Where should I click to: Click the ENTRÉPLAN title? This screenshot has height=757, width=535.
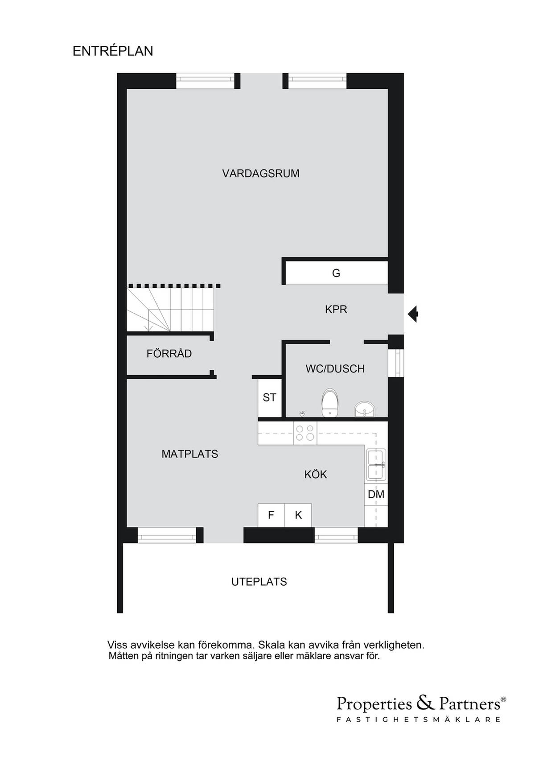point(113,51)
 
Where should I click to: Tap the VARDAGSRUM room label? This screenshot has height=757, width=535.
point(260,174)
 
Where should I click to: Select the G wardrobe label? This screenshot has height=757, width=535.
point(336,273)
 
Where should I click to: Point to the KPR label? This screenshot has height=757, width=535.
point(336,309)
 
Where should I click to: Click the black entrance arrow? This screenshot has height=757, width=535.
point(413,314)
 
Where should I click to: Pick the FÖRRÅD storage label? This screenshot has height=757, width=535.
point(169,353)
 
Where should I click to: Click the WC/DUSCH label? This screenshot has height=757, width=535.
point(335,369)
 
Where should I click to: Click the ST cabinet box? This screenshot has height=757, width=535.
point(270,398)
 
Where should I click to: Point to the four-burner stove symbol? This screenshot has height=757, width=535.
point(305,433)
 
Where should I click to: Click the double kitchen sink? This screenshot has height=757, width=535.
point(376,465)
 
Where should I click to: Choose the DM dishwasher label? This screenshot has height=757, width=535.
point(376,494)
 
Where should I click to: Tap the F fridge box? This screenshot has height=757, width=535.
point(271,515)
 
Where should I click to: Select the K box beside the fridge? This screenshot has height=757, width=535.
point(298,515)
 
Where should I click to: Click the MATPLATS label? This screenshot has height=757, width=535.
point(189,454)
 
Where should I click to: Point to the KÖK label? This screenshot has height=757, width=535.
point(316,474)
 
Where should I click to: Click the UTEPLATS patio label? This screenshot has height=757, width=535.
point(259,582)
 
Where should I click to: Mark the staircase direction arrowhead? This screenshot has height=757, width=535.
point(148,328)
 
